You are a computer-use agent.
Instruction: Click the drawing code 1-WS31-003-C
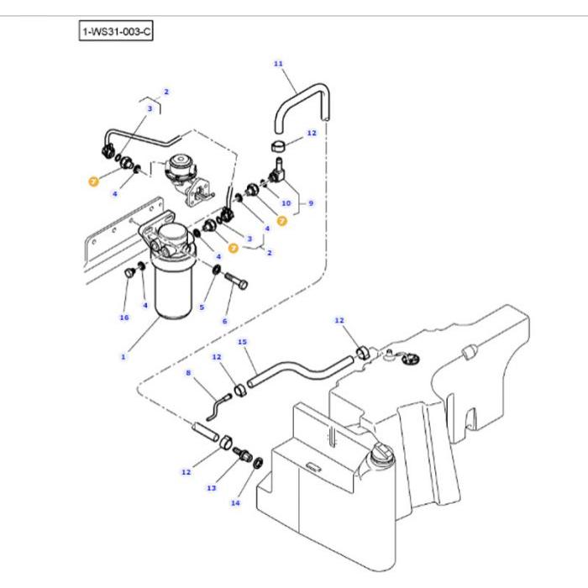117,33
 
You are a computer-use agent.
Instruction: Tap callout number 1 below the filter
123,357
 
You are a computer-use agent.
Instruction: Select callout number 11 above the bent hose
279,63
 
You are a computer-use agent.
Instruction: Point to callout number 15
242,343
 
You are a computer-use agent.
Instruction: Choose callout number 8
188,373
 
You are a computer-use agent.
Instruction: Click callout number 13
212,487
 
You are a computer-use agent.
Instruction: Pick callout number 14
235,503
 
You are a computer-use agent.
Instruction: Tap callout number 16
124,318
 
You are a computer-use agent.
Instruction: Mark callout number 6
224,321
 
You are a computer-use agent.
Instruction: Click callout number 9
310,202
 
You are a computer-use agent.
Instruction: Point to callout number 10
286,202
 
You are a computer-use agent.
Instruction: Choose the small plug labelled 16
129,274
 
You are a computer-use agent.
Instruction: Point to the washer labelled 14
257,462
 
